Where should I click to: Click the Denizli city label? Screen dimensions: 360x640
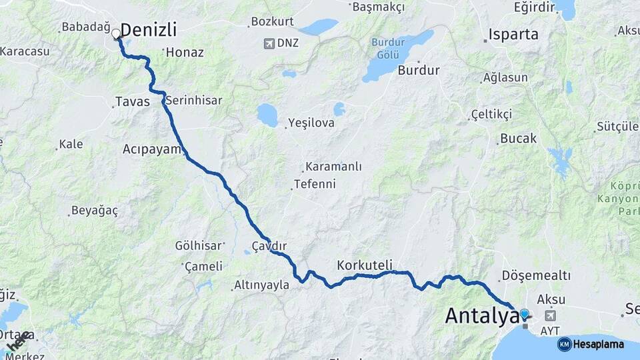pyautogui.click(x=149, y=30)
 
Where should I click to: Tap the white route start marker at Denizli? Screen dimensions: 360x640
pyautogui.click(x=117, y=33)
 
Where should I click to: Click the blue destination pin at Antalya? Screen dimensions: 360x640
pyautogui.click(x=524, y=314)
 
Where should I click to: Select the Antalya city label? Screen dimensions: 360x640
pyautogui.click(x=481, y=315)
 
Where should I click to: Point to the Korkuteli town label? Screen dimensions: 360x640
pyautogui.click(x=365, y=265)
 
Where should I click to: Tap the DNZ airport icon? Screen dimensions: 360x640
pyautogui.click(x=269, y=43)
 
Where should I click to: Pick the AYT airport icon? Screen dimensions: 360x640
pyautogui.click(x=551, y=315)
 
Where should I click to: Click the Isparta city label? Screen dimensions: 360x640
pyautogui.click(x=513, y=35)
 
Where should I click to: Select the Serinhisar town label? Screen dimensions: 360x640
pyautogui.click(x=194, y=100)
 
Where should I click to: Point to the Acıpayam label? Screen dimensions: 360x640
pyautogui.click(x=152, y=149)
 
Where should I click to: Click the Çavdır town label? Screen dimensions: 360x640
pyautogui.click(x=269, y=245)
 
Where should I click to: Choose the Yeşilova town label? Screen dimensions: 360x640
pyautogui.click(x=311, y=123)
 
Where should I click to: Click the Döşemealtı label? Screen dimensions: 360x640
pyautogui.click(x=536, y=275)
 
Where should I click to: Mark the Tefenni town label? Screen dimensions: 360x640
pyautogui.click(x=315, y=184)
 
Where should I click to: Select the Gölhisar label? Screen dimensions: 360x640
pyautogui.click(x=198, y=245)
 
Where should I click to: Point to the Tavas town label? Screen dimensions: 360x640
pyautogui.click(x=132, y=102)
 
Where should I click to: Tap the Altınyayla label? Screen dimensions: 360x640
pyautogui.click(x=261, y=285)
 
